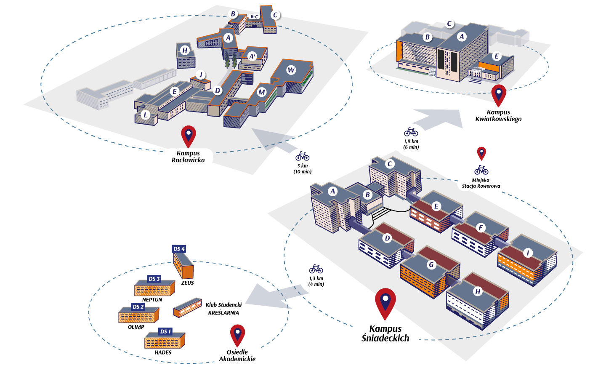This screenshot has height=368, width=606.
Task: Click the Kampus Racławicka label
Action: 188,157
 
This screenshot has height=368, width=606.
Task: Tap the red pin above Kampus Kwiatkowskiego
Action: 499,95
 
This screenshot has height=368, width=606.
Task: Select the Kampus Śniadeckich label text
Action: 385,333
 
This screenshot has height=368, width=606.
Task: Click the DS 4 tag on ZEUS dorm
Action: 179,249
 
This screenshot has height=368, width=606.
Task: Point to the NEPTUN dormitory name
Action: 152,300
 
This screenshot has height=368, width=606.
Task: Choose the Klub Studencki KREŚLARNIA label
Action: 223,309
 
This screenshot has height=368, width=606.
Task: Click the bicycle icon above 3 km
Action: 302,156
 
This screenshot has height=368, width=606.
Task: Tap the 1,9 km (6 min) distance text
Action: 411,144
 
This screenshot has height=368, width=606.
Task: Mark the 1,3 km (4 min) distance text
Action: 316,281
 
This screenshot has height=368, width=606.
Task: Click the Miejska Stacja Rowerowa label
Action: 481,183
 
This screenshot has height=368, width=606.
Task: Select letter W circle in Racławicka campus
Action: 291,70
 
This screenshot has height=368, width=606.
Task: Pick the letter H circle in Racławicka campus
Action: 185,51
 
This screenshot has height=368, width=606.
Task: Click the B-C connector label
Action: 254,17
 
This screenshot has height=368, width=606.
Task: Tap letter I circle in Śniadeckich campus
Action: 528,253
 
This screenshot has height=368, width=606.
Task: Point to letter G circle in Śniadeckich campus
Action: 431,265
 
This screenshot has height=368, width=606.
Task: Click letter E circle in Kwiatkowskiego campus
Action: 497,56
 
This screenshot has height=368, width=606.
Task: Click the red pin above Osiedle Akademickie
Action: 237,334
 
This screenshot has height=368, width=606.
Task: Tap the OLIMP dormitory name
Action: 136,327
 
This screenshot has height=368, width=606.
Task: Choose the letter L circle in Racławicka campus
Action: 146,115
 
